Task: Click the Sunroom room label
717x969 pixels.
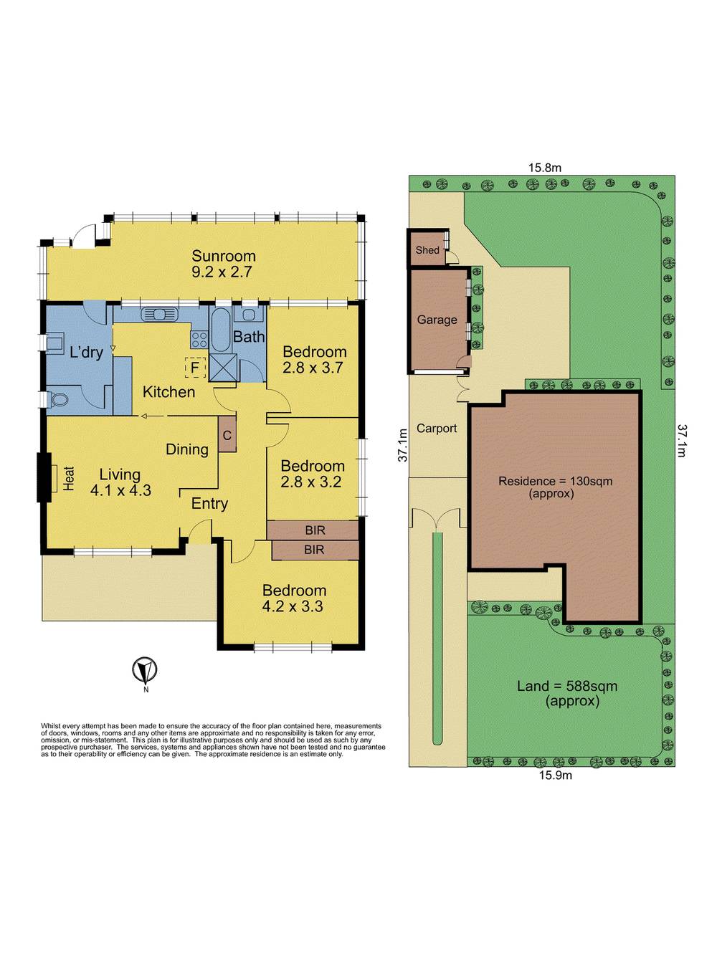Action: (x=223, y=256)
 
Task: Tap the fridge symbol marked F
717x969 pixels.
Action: (x=195, y=367)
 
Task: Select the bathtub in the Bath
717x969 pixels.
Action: (x=220, y=330)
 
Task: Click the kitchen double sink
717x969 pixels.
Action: (x=158, y=314)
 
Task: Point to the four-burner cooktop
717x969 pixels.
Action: (x=199, y=340)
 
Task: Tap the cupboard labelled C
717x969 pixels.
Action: (x=227, y=435)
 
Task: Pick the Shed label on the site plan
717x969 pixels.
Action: (x=427, y=250)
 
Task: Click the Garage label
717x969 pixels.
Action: (x=437, y=320)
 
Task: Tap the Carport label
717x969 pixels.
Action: (x=437, y=428)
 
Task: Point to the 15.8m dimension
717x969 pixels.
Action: (x=544, y=168)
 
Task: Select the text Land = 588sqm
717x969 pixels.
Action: (x=566, y=686)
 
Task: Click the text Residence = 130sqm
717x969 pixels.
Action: (x=555, y=482)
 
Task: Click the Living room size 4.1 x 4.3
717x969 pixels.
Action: (x=120, y=490)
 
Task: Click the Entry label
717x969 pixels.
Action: (x=209, y=504)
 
